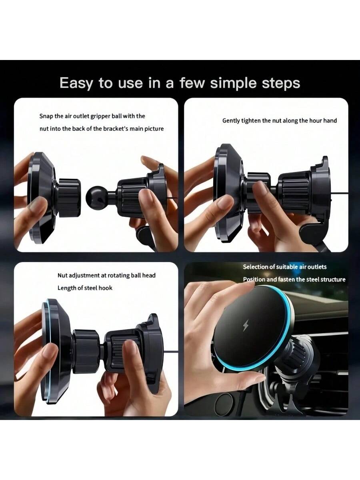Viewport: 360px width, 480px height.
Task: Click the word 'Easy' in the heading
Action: click(76, 83)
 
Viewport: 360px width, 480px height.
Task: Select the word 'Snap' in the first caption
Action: click(46, 116)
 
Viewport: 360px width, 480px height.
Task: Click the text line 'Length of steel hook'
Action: click(85, 288)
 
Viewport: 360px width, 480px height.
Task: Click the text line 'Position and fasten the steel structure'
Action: click(294, 280)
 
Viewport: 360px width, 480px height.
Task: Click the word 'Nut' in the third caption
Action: click(62, 275)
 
